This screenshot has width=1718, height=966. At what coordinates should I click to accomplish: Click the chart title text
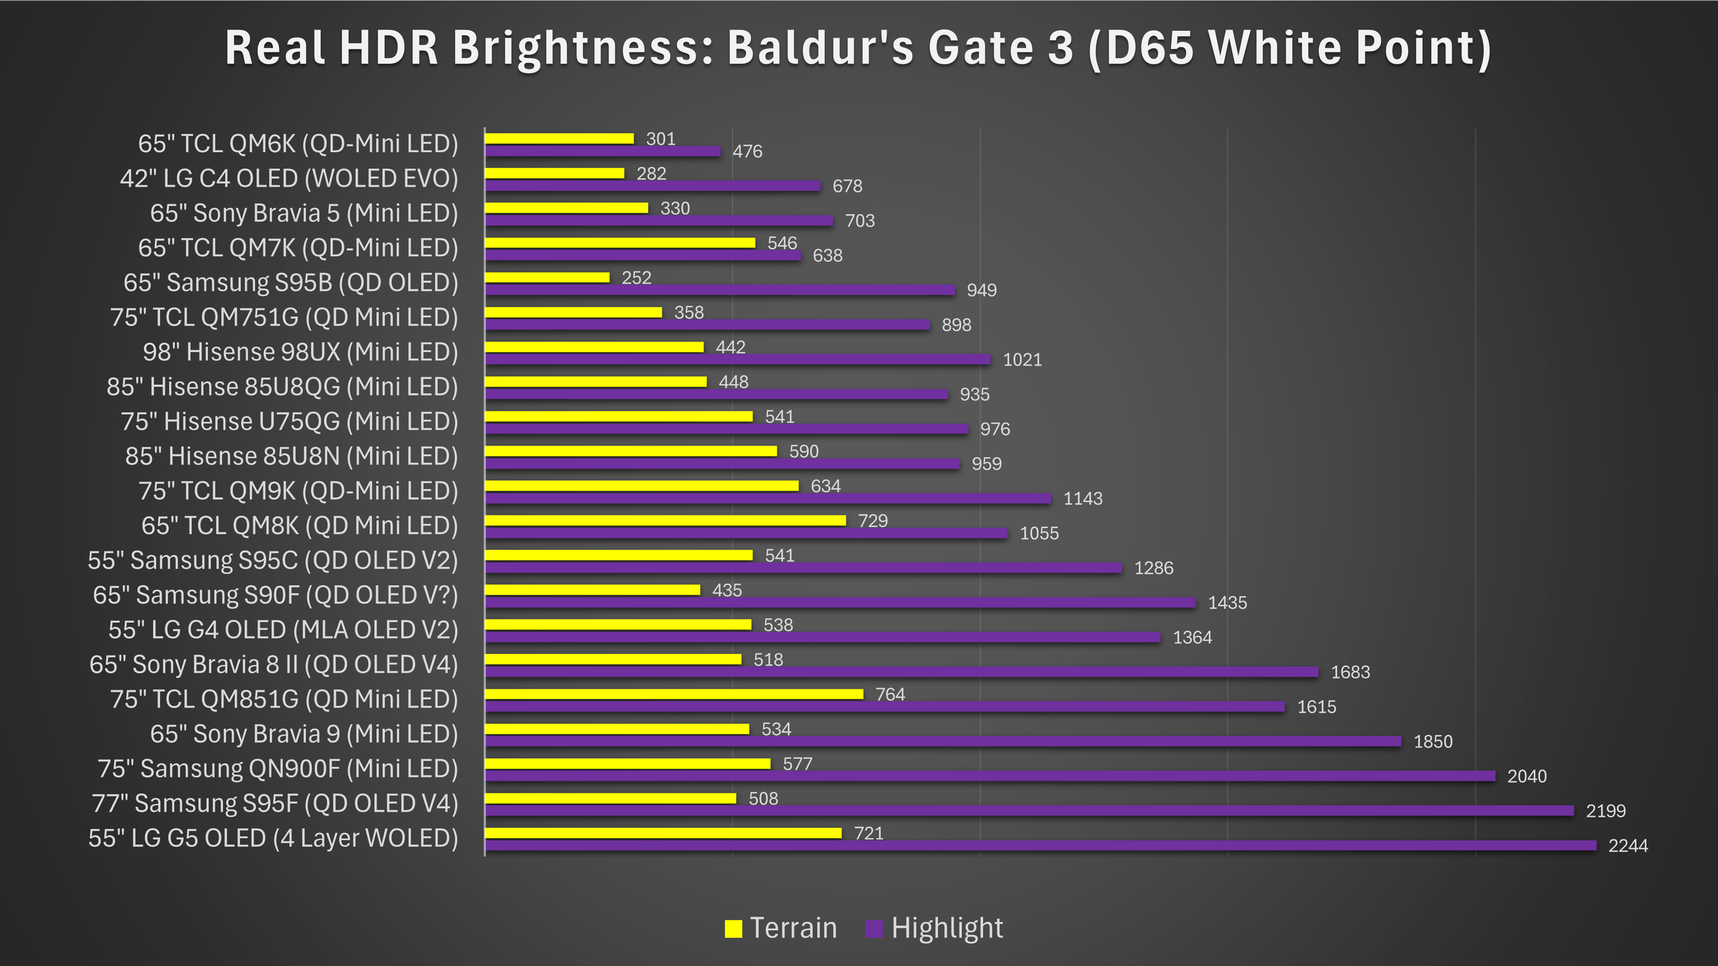[x=858, y=48]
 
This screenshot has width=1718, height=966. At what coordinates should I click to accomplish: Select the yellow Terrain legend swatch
[x=734, y=929]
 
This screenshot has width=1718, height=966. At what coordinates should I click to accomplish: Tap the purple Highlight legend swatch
[x=874, y=929]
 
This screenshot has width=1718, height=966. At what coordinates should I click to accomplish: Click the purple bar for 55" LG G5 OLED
[x=1040, y=845]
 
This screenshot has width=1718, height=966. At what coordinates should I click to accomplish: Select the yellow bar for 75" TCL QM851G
[x=674, y=694]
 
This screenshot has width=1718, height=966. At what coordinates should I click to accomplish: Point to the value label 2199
[x=1605, y=811]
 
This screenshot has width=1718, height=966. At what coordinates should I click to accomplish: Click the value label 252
[x=636, y=278]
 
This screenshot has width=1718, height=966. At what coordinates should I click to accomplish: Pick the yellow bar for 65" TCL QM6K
[x=559, y=139]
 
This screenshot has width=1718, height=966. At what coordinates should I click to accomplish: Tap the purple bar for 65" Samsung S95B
[x=719, y=290]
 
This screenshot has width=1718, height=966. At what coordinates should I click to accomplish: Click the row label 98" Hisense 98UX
[x=300, y=352]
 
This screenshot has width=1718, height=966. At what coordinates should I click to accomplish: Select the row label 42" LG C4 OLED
[x=289, y=178]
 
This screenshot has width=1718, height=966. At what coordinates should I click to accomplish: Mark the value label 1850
[x=1433, y=741]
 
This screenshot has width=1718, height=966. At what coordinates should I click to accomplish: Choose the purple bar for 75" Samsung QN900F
[x=990, y=776]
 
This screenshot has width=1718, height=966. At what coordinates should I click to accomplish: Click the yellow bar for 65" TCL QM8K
[x=665, y=521]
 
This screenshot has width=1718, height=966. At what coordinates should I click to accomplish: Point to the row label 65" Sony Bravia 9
[x=304, y=734]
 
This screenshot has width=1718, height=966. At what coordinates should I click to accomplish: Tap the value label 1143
[x=1082, y=498]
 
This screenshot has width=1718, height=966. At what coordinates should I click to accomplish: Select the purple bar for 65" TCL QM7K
[x=643, y=256]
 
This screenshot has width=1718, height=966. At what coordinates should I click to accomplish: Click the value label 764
[x=890, y=694]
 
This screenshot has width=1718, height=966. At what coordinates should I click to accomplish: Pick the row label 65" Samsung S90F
[x=275, y=595]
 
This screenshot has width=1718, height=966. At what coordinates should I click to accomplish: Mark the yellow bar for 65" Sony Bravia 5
[x=566, y=208]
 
